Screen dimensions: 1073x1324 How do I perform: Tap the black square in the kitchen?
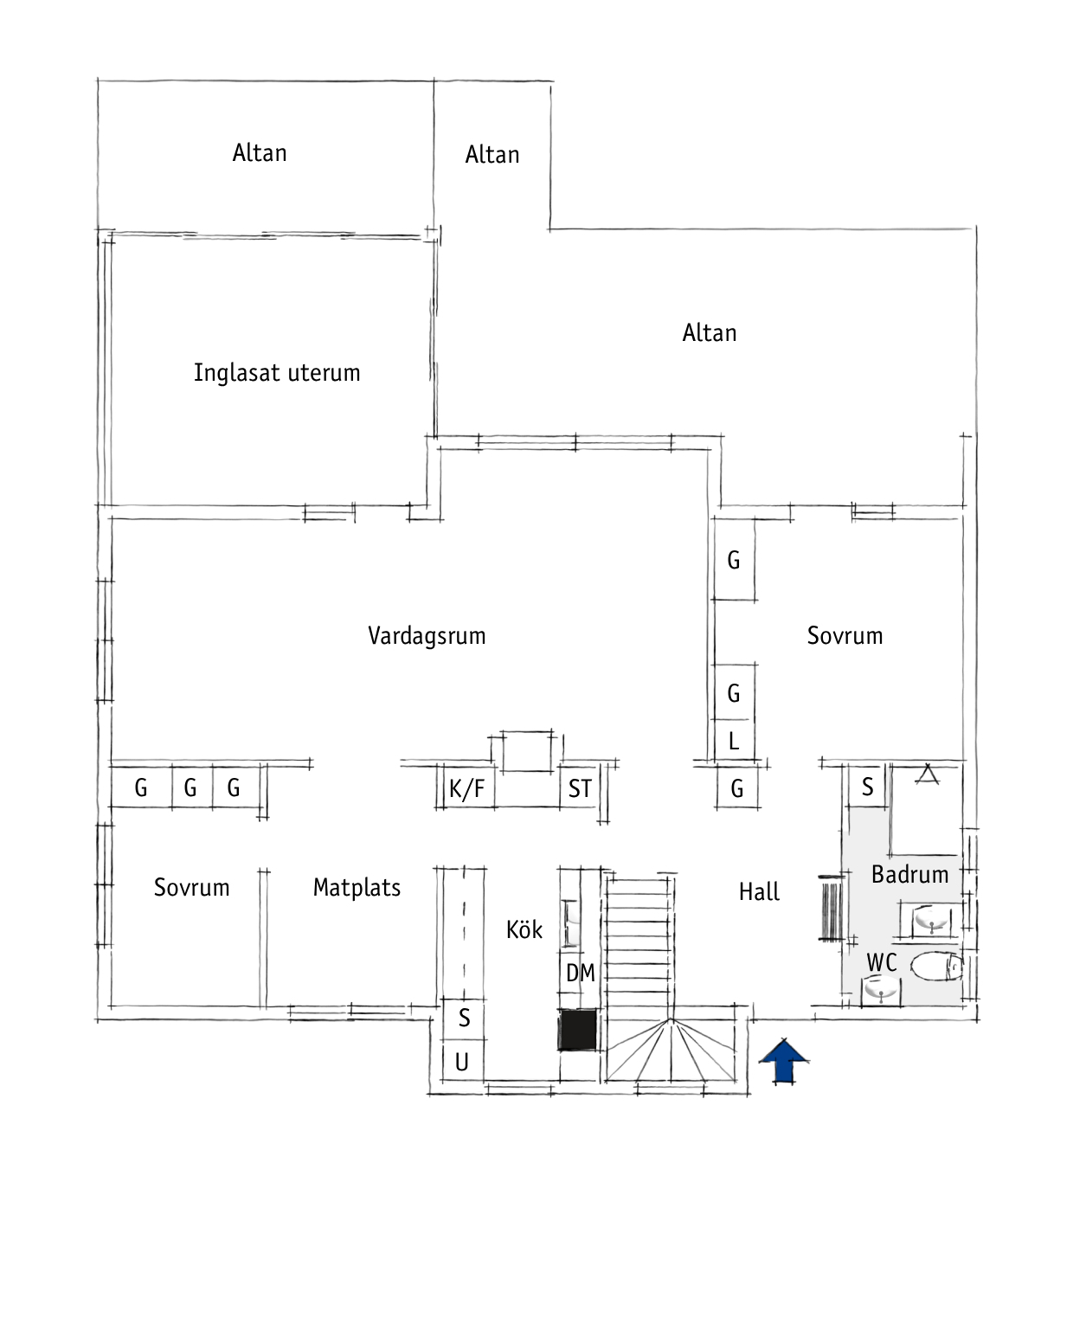click(578, 1030)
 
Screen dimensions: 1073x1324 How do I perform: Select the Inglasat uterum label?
click(277, 373)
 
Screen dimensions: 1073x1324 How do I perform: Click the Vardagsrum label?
click(427, 636)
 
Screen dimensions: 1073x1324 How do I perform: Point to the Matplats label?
click(357, 887)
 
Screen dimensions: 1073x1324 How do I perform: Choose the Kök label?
click(524, 929)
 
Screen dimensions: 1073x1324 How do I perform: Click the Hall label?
click(758, 892)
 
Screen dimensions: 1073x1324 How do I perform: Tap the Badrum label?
click(909, 875)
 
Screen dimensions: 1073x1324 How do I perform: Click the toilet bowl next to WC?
click(936, 967)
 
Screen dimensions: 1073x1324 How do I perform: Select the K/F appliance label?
click(466, 789)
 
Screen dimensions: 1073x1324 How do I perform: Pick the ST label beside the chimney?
click(580, 789)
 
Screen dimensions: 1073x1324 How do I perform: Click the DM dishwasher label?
click(580, 973)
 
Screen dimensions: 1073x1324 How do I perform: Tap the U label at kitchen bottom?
click(461, 1063)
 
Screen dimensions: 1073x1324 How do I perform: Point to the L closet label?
click(734, 741)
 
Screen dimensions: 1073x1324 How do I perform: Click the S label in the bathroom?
click(867, 787)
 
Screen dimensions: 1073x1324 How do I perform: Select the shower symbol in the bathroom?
click(927, 774)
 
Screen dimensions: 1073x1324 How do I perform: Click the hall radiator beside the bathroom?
click(832, 908)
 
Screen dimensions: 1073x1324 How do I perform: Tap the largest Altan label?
click(710, 333)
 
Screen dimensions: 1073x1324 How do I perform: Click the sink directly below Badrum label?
click(930, 919)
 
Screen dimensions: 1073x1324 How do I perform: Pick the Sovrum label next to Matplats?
click(191, 887)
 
